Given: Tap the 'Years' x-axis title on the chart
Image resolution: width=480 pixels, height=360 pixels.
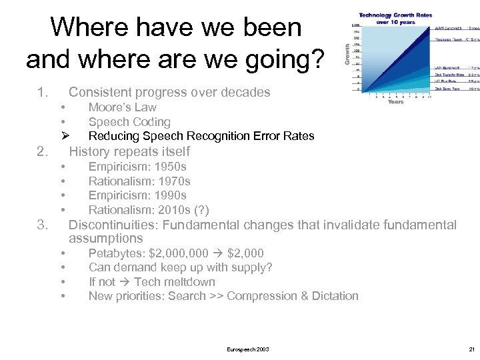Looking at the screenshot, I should pyautogui.click(x=396, y=102).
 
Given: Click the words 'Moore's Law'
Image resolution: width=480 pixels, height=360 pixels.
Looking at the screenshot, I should pyautogui.click(x=122, y=107).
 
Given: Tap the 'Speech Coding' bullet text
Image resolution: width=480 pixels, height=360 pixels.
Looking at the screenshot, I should pyautogui.click(x=129, y=122).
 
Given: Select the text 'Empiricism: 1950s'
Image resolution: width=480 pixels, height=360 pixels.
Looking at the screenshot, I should pyautogui.click(x=137, y=167).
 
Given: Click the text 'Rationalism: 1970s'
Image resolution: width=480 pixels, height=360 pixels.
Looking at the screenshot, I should pyautogui.click(x=139, y=181).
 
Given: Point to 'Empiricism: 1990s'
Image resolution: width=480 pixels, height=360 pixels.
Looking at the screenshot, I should pyautogui.click(x=137, y=195).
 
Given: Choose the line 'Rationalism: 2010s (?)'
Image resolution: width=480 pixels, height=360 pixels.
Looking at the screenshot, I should pyautogui.click(x=149, y=210).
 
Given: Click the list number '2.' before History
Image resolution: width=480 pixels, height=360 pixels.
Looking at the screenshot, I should pyautogui.click(x=43, y=151).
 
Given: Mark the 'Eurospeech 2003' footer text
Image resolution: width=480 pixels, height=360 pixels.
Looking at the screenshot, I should pyautogui.click(x=248, y=349).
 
